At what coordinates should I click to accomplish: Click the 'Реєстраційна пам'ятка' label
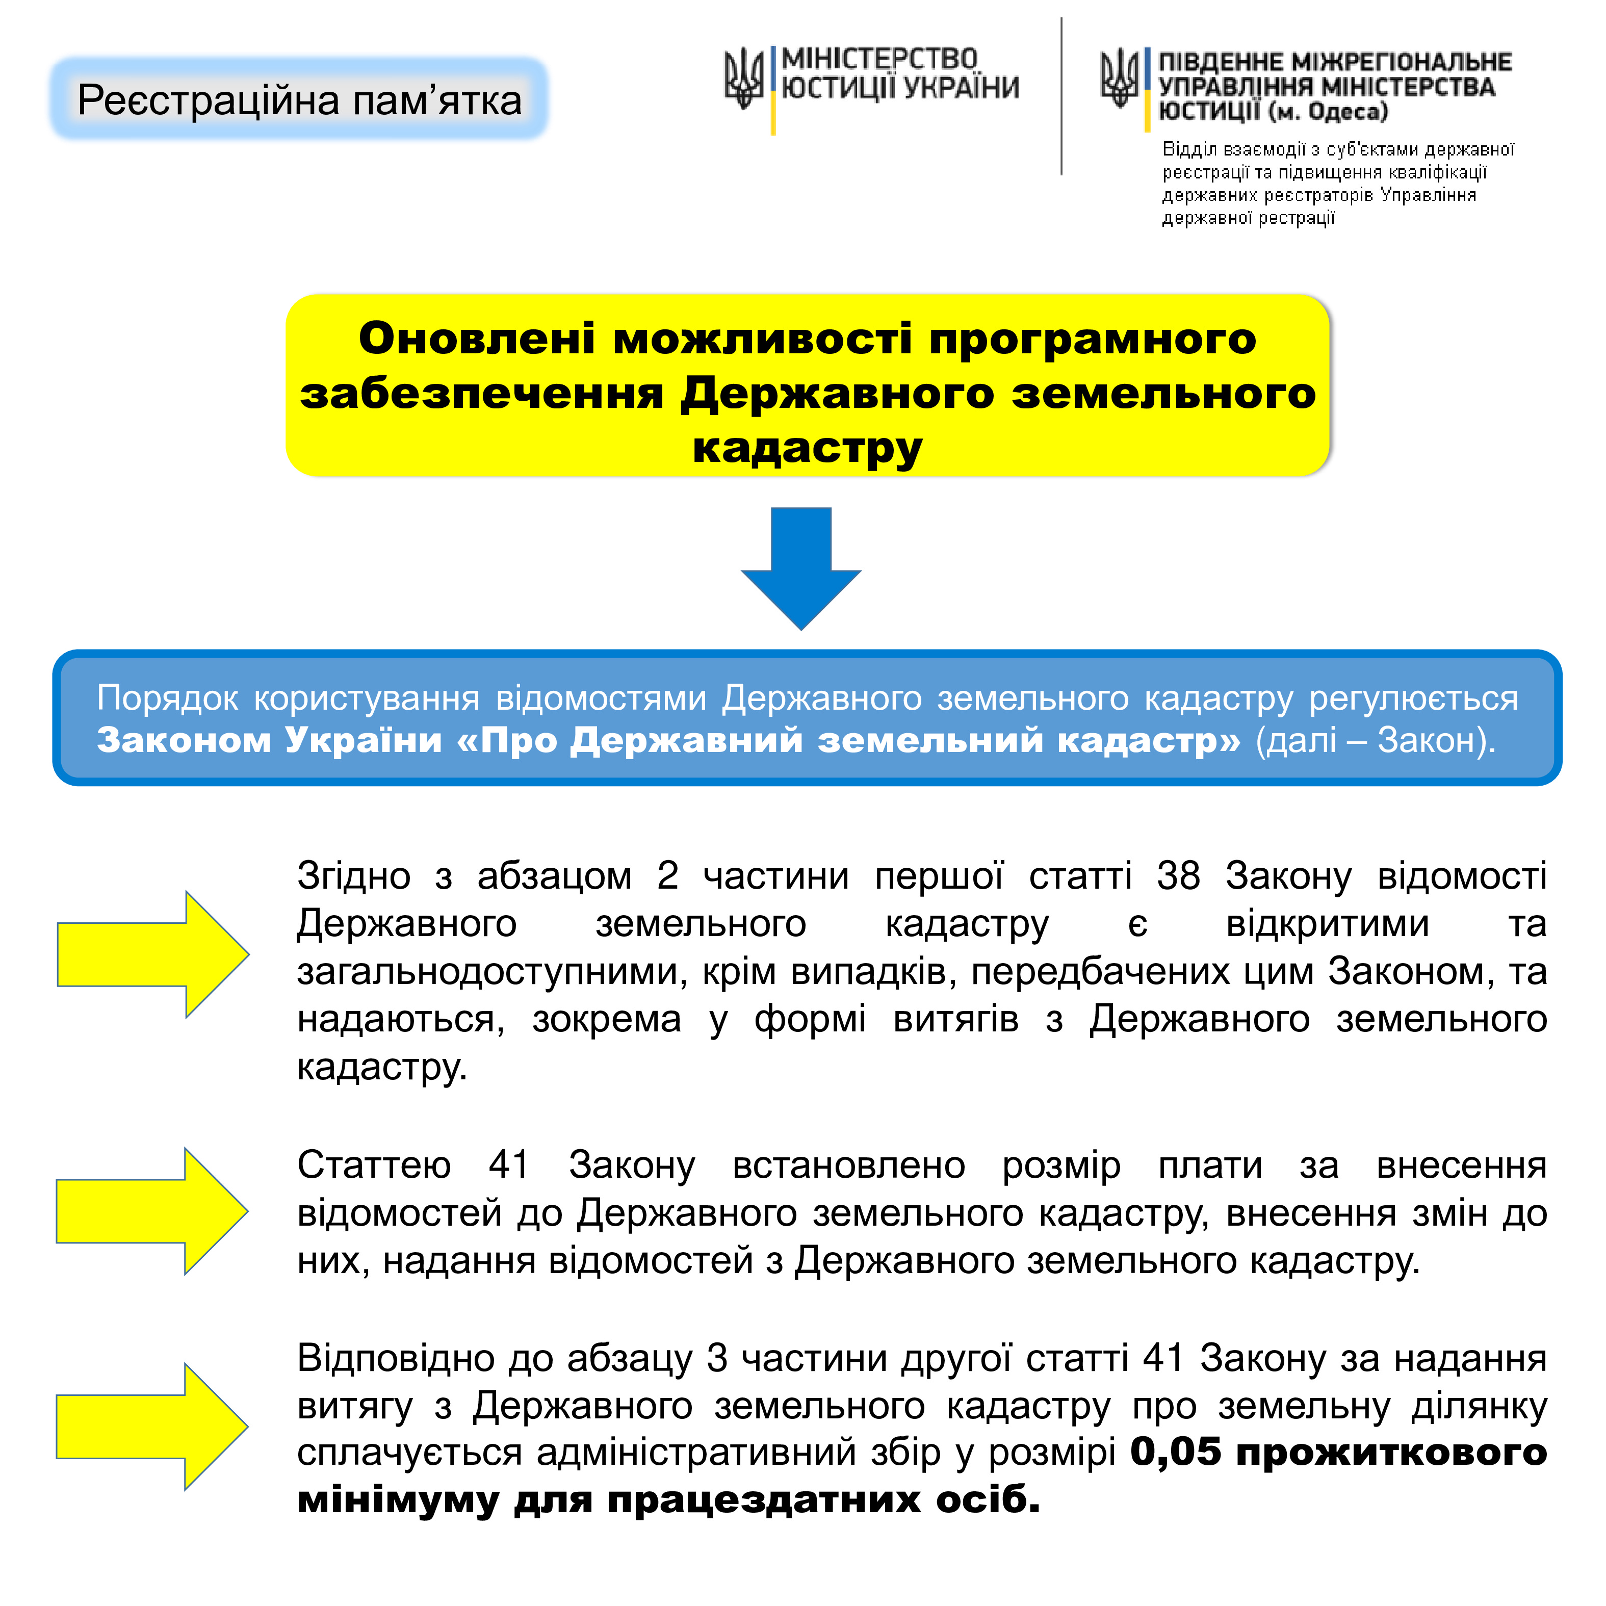tap(299, 100)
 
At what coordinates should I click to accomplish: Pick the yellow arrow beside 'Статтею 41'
tap(152, 1211)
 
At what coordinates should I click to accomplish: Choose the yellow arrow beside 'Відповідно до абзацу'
tap(152, 1427)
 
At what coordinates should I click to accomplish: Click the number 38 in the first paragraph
tap(1178, 875)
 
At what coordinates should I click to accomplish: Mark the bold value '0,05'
tap(1175, 1452)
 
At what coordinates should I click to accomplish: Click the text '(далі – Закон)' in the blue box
tap(1375, 740)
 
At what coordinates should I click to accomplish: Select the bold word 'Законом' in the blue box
tap(184, 740)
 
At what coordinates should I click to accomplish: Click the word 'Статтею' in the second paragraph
tap(374, 1164)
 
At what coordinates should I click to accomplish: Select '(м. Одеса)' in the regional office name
tap(1328, 111)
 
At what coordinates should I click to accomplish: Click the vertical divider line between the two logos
tap(1061, 96)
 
